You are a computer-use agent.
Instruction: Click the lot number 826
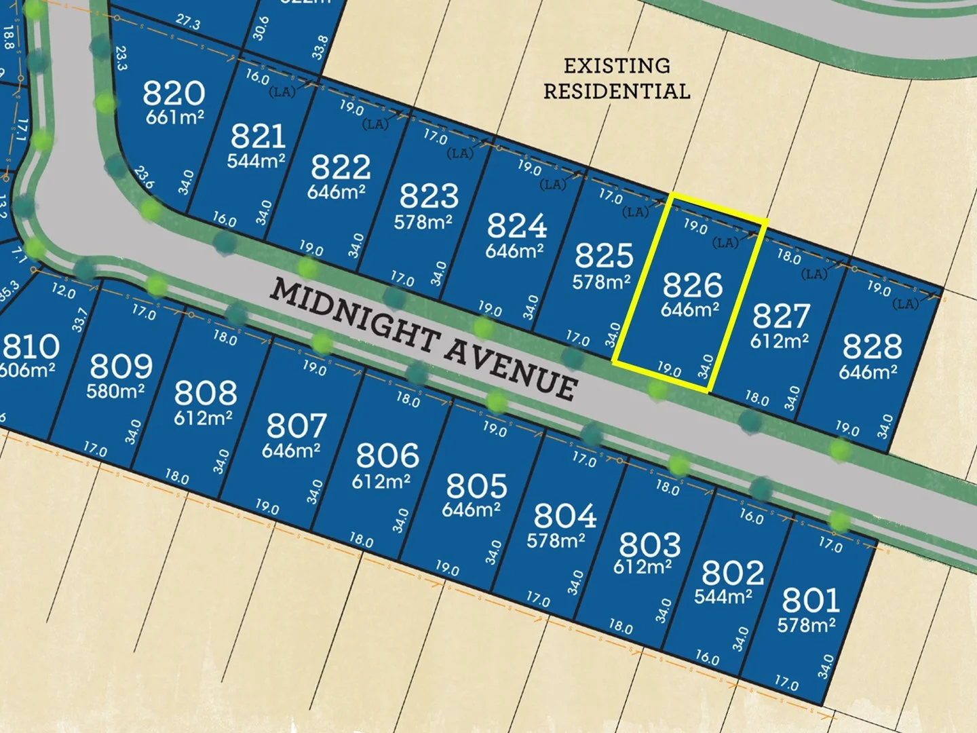(692, 285)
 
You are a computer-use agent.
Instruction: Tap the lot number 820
(174, 93)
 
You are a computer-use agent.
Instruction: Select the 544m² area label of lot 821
(256, 161)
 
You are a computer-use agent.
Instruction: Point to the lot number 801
(811, 600)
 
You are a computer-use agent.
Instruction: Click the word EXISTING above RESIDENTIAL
(617, 66)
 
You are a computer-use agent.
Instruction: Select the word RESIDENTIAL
(617, 91)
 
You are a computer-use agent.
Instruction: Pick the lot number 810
(31, 347)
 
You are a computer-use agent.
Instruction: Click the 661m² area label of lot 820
(174, 117)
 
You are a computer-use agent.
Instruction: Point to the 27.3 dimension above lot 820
(188, 22)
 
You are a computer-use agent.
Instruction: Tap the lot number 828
(872, 347)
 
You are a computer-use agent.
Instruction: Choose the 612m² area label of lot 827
(779, 340)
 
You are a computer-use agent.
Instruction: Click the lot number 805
(476, 485)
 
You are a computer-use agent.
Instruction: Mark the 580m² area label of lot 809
(115, 391)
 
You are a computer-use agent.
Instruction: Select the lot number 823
(429, 196)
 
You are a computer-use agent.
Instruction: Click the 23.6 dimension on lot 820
(144, 178)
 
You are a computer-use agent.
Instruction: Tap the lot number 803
(649, 544)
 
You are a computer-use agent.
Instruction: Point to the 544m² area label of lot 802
(723, 597)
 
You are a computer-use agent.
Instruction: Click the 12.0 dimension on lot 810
(63, 291)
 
